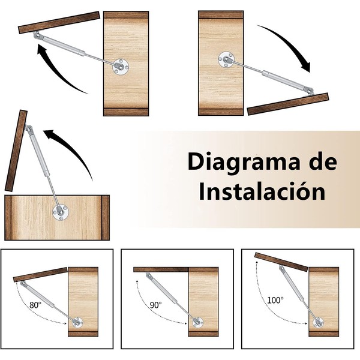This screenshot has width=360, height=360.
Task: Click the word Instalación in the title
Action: (x=262, y=193)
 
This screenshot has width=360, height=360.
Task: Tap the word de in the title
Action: (x=324, y=161)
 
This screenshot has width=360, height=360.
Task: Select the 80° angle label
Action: (x=35, y=305)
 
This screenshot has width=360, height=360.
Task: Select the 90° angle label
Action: (x=155, y=305)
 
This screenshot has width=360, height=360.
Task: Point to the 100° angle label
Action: (x=275, y=300)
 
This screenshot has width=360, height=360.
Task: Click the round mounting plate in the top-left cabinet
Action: (x=121, y=67)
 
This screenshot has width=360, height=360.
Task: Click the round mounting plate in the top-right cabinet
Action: (x=226, y=59)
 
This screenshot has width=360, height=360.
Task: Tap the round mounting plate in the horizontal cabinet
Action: (x=61, y=211)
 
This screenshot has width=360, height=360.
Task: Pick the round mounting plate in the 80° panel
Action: (x=77, y=322)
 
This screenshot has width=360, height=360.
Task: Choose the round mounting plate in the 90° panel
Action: (x=197, y=322)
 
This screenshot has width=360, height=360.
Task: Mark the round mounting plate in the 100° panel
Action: (x=318, y=322)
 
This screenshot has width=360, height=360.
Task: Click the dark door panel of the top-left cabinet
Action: (x=59, y=23)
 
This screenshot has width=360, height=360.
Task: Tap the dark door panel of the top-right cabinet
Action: (x=288, y=104)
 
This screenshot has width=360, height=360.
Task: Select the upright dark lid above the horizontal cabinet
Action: (x=16, y=151)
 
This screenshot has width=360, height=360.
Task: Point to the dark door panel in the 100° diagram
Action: (x=281, y=262)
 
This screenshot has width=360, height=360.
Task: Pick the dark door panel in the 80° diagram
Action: (x=40, y=275)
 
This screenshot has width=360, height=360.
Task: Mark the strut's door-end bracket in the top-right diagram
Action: (x=309, y=91)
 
